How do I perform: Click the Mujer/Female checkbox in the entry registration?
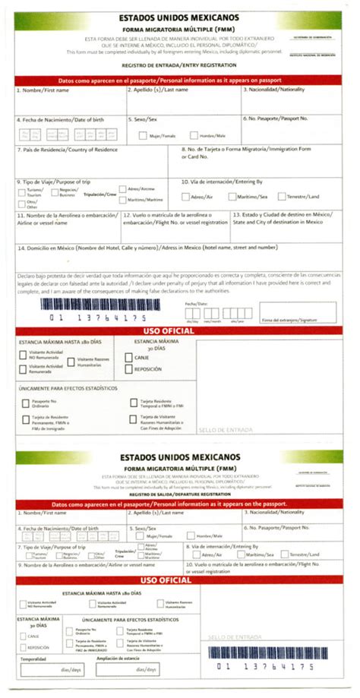coord(143,135)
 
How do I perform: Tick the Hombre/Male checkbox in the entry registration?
coord(194,135)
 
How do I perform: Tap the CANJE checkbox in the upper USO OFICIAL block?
coord(129,355)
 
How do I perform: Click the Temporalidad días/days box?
coord(52,669)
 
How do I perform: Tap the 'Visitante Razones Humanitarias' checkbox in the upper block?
coord(71,362)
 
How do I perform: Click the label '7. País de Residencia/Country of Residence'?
coord(67,150)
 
